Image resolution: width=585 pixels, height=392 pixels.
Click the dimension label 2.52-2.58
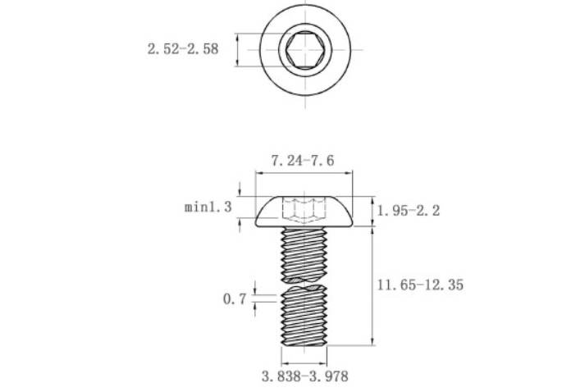click(x=183, y=49)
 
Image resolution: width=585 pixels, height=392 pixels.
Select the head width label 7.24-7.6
click(x=303, y=161)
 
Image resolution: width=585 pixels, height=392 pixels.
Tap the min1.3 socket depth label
click(x=208, y=207)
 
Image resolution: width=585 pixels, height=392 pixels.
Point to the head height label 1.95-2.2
click(x=409, y=211)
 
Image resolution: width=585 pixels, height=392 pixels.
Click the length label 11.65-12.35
click(x=420, y=285)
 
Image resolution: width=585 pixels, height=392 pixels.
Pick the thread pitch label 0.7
click(x=235, y=299)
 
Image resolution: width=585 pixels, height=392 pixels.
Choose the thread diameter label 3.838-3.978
click(x=305, y=376)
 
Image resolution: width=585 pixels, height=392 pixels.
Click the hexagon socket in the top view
click(x=305, y=49)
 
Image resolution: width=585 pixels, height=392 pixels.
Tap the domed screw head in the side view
click(x=304, y=211)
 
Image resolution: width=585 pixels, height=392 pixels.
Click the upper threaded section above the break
click(x=304, y=254)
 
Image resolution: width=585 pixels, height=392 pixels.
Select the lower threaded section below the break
click(x=304, y=316)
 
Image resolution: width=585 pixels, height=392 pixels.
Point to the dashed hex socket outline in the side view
click(x=304, y=210)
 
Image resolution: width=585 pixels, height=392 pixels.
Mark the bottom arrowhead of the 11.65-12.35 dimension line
click(x=372, y=341)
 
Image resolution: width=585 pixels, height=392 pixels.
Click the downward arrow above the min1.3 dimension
click(x=240, y=189)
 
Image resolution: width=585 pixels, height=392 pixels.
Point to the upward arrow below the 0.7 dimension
click(x=255, y=309)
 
